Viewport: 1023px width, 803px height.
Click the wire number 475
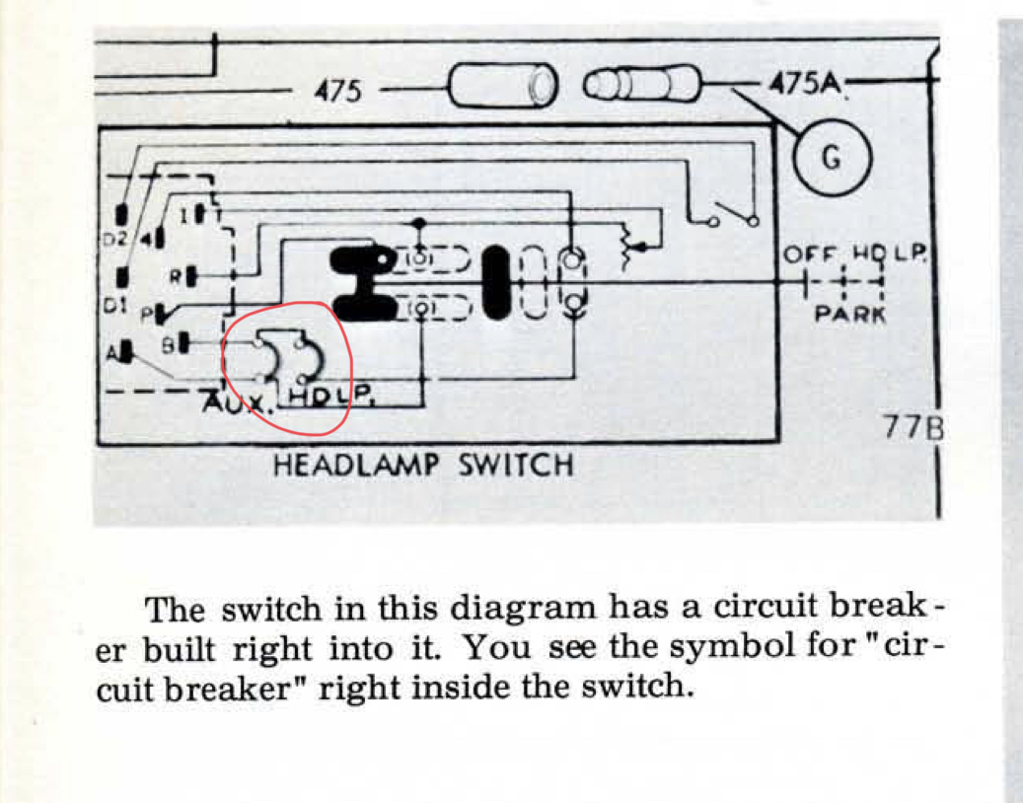click(337, 92)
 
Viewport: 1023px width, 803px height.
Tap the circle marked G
click(831, 158)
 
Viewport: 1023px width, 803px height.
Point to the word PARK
click(849, 316)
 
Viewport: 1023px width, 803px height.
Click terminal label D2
click(116, 240)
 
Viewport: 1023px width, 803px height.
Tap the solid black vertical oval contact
click(497, 282)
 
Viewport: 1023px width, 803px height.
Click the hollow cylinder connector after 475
click(502, 87)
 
